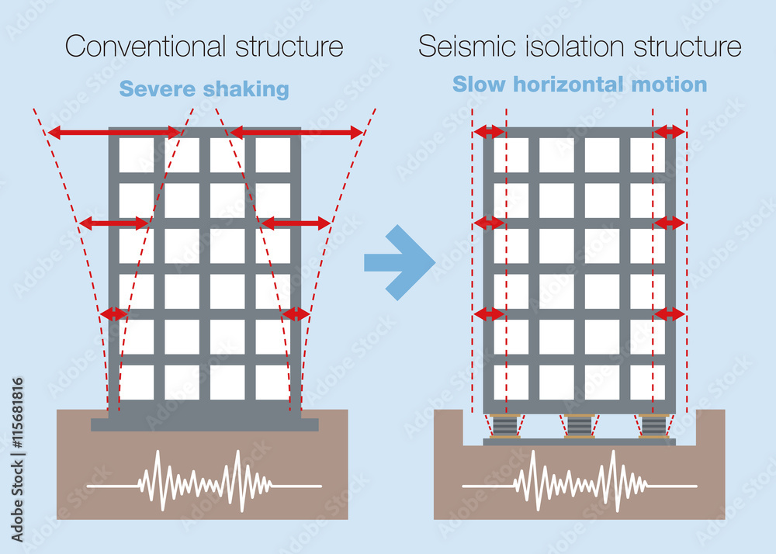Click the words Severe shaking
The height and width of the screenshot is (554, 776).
point(205,89)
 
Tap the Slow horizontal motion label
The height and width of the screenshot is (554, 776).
point(580,84)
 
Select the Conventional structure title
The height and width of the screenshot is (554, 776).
point(204,46)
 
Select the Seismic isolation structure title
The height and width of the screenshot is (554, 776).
point(580,46)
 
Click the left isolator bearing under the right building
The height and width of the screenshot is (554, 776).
point(504,426)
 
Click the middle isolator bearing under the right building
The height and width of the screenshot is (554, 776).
point(580,426)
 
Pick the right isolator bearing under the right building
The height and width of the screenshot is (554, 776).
point(654,426)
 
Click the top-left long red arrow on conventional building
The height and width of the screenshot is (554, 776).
point(114,133)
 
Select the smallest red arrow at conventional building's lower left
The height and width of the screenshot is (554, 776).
point(114,313)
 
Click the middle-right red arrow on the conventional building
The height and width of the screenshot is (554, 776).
point(296,223)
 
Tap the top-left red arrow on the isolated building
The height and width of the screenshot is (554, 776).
point(489,132)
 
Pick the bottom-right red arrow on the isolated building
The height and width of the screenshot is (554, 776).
point(670,313)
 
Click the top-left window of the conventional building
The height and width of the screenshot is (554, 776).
point(136,155)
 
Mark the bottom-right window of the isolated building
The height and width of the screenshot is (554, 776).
point(646,382)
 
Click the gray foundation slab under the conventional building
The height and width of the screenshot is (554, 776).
point(204,424)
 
